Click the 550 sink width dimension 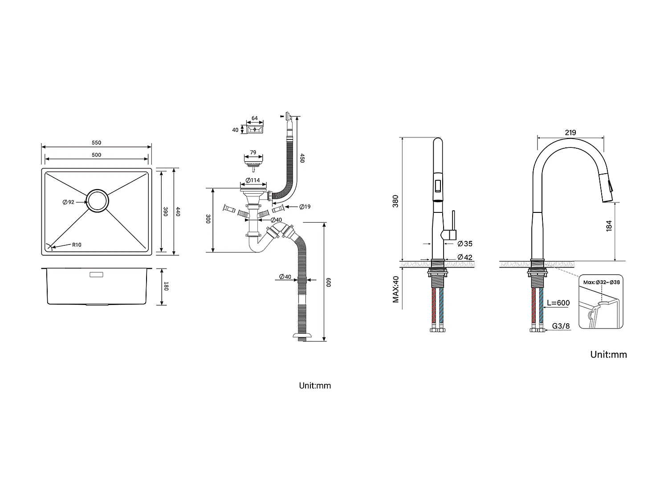click(97, 143)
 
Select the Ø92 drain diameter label click(69, 202)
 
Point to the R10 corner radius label click(77, 244)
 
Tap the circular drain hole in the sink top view click(97, 201)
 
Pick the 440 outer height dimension click(178, 212)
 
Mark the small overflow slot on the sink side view click(96, 274)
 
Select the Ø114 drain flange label click(253, 180)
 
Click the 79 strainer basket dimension click(253, 153)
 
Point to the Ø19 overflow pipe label click(305, 207)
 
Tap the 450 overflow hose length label click(302, 158)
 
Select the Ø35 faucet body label click(465, 244)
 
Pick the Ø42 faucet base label click(465, 257)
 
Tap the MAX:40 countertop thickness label click(395, 289)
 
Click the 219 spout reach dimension click(570, 132)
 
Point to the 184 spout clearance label click(609, 225)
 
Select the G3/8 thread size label click(561, 326)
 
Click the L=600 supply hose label click(558, 303)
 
